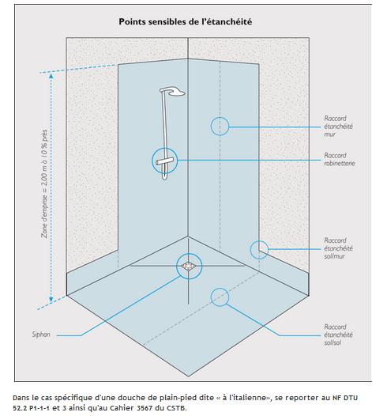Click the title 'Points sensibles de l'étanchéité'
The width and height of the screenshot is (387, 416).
(x=185, y=22)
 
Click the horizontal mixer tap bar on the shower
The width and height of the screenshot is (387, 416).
(x=164, y=161)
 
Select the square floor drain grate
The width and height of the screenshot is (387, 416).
(x=189, y=266)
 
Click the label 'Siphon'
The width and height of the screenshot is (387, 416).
(x=41, y=335)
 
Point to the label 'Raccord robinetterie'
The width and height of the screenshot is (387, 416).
(x=340, y=159)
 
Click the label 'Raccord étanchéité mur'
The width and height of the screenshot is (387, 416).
(x=338, y=127)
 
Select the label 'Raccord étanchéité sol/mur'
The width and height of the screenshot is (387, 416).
(x=338, y=248)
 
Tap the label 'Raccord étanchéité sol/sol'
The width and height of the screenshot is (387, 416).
(x=338, y=335)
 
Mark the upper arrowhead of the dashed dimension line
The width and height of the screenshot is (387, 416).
(x=51, y=76)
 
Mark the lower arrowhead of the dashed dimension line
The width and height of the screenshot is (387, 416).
(x=51, y=299)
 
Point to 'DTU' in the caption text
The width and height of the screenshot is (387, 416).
(x=351, y=398)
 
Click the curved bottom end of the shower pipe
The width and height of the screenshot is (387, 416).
(x=165, y=178)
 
